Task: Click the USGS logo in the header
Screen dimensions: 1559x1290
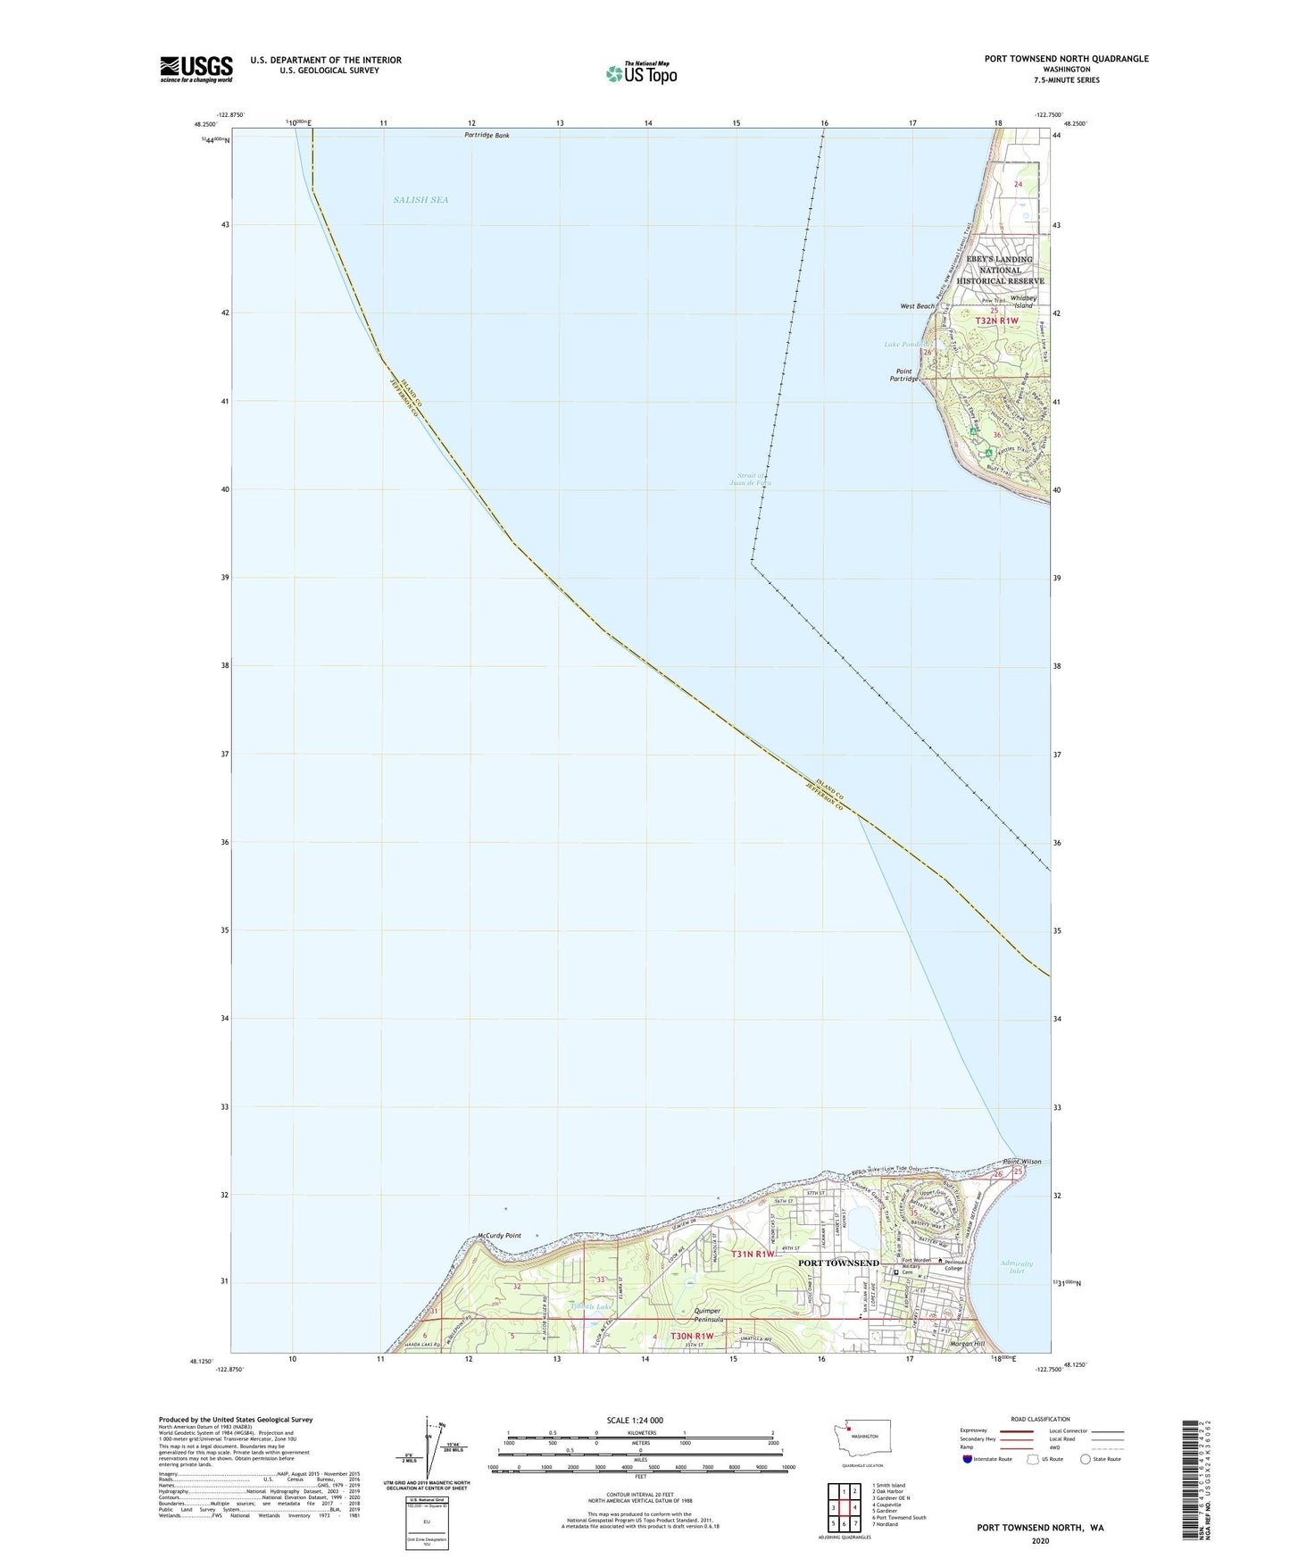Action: tap(196, 69)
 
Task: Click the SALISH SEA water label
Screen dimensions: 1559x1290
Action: tap(420, 200)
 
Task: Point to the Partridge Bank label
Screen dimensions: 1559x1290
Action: tap(487, 135)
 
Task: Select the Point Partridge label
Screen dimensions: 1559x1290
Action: tap(903, 374)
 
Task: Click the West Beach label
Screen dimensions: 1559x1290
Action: tap(917, 306)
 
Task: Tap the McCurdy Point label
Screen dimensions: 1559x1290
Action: tap(499, 1236)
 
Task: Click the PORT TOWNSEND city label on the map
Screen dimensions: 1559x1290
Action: tap(837, 1263)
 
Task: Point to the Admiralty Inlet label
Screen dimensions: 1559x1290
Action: tap(1016, 1267)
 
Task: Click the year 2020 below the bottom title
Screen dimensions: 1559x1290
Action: tap(1040, 1541)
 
